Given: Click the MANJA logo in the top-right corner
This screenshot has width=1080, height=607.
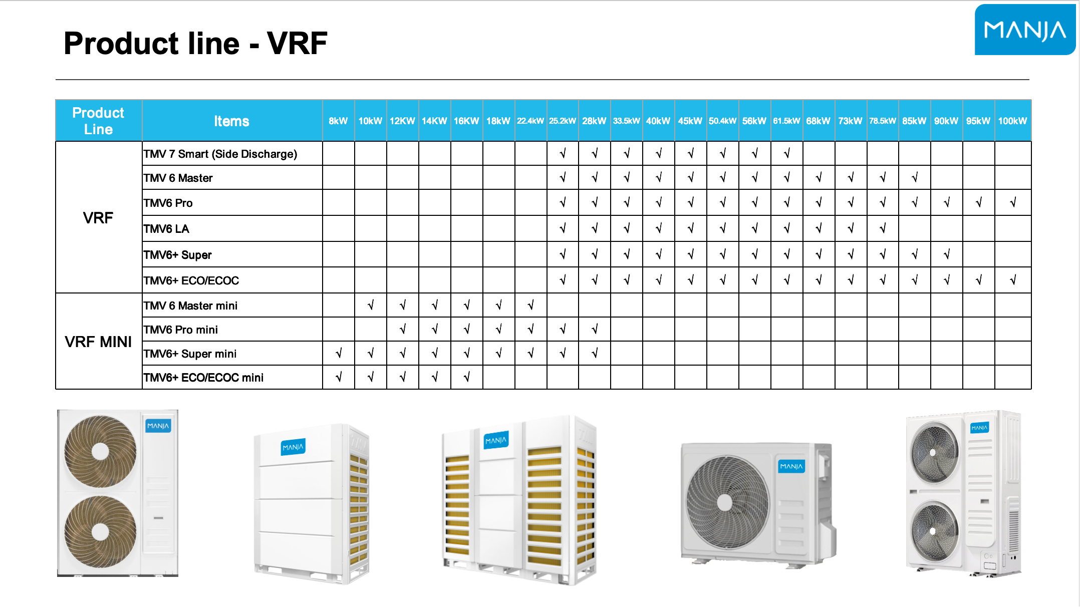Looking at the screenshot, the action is click(1025, 30).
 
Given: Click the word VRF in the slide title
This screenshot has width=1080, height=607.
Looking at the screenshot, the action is click(297, 43).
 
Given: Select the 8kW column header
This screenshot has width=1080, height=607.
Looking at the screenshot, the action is click(338, 121).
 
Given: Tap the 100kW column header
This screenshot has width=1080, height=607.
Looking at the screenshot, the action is click(1012, 121).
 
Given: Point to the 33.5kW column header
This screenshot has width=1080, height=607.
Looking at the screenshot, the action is click(626, 121).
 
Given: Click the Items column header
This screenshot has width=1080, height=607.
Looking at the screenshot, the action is click(231, 121).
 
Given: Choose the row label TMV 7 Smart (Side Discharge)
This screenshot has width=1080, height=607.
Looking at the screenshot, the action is click(220, 154).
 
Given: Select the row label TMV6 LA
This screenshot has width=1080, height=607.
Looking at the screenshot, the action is click(166, 229).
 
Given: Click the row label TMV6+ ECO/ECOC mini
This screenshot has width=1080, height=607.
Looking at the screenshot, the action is click(203, 378).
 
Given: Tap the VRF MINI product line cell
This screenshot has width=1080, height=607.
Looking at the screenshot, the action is click(98, 342).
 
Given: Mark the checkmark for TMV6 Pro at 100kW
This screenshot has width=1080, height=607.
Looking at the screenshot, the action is click(1013, 202).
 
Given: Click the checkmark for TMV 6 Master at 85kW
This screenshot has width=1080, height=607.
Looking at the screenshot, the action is click(915, 177).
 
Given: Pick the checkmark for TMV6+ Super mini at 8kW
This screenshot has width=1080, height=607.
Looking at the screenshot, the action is click(339, 354).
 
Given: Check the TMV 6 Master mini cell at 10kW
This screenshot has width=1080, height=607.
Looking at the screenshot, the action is click(371, 305).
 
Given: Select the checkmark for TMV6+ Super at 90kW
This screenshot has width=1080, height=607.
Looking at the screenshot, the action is click(947, 254).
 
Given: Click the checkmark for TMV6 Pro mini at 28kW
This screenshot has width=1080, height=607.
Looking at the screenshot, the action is click(595, 329).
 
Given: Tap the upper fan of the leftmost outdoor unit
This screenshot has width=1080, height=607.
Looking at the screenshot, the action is click(100, 451).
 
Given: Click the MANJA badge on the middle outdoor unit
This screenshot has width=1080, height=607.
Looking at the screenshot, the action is click(496, 440).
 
